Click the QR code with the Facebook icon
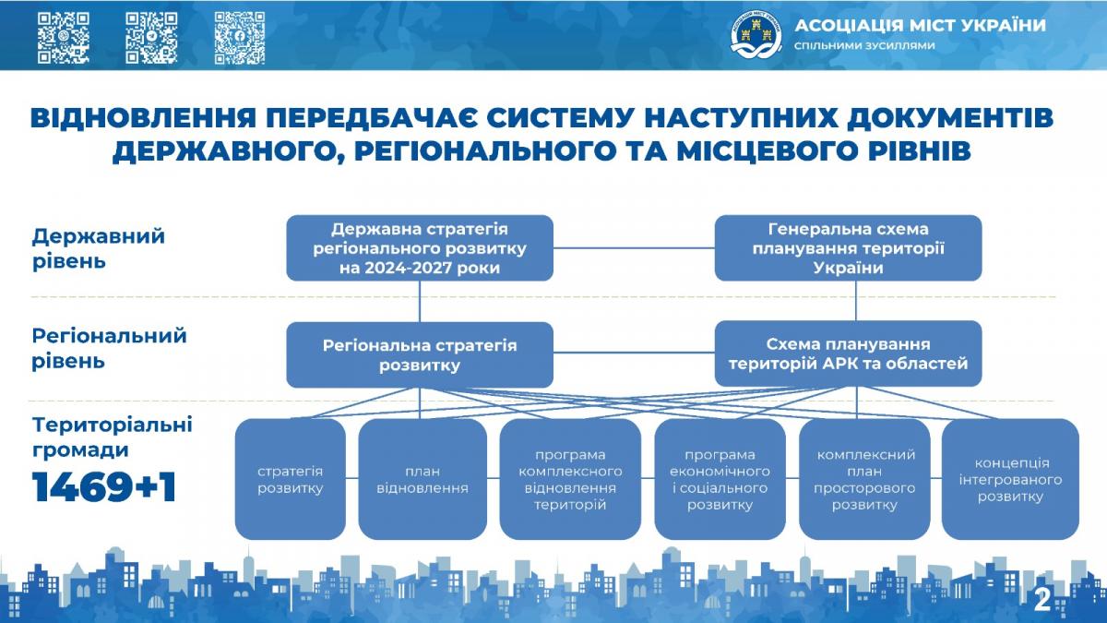240,38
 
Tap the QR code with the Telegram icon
151,38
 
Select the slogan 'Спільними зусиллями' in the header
865,45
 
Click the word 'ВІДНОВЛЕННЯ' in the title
143,119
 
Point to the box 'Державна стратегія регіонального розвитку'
420,248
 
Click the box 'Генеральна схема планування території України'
848,248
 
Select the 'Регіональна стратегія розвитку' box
420,355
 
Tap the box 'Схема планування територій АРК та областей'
848,353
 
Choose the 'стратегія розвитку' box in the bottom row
290,479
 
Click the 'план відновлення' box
423,479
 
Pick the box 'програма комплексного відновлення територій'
570,479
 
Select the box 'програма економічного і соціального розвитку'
720,479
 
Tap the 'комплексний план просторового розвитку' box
864,479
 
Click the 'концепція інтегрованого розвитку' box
1010,479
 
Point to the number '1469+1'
104,487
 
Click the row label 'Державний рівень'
99,248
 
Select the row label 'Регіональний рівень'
109,348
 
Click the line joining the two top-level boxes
634,247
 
